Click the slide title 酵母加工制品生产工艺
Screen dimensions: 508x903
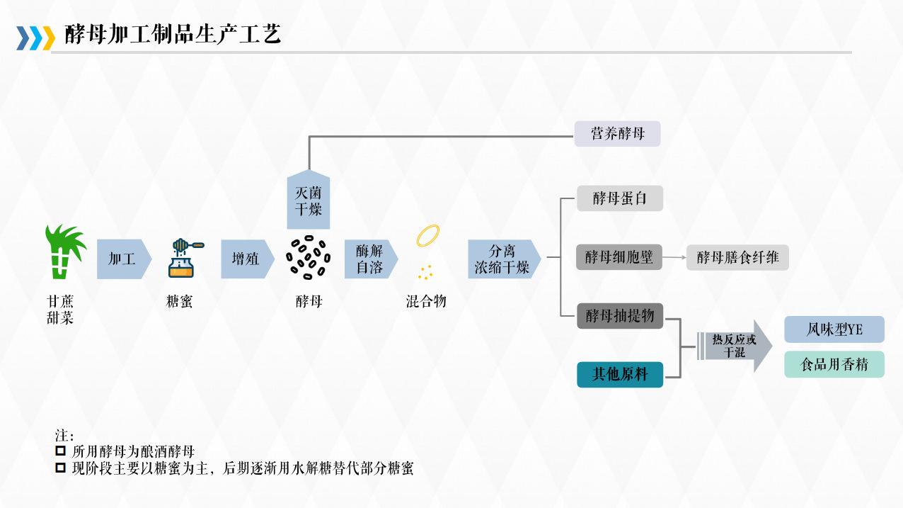(173, 34)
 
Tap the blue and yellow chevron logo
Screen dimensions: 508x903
(35, 38)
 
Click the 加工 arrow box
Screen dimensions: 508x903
(123, 259)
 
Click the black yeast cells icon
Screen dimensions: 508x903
(309, 258)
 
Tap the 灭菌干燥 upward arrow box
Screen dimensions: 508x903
(309, 201)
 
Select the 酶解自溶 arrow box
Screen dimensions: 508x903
(370, 259)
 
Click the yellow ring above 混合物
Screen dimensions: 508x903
(428, 236)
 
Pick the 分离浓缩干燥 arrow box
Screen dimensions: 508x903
(503, 259)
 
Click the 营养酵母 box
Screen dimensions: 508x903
(617, 134)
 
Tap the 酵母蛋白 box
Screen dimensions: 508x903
(619, 198)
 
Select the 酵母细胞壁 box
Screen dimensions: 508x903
(619, 257)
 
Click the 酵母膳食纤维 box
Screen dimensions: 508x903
(737, 257)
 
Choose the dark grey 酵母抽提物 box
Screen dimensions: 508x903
(620, 315)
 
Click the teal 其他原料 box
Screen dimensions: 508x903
(620, 374)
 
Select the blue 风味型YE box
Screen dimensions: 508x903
(834, 329)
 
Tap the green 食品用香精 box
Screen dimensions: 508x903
(834, 364)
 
